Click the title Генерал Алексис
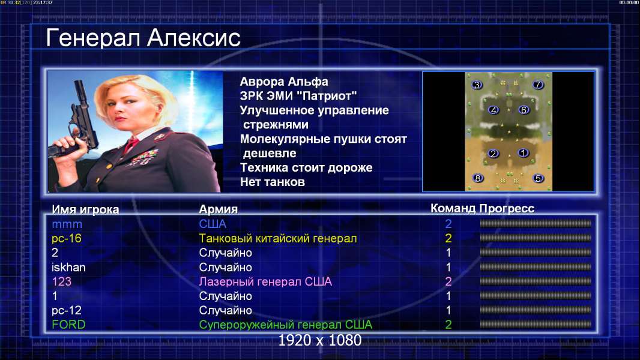143,38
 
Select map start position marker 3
477,85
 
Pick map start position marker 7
538,85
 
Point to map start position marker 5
538,178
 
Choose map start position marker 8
477,178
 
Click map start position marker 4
494,110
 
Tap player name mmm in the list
67,224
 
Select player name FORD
68,325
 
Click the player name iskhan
68,268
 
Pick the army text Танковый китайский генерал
278,239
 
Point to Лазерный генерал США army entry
265,282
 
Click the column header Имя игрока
85,209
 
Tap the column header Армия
219,209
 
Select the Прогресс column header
507,208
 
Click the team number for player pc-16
448,238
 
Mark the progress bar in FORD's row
536,325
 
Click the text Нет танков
273,182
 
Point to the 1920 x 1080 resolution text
320,340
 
